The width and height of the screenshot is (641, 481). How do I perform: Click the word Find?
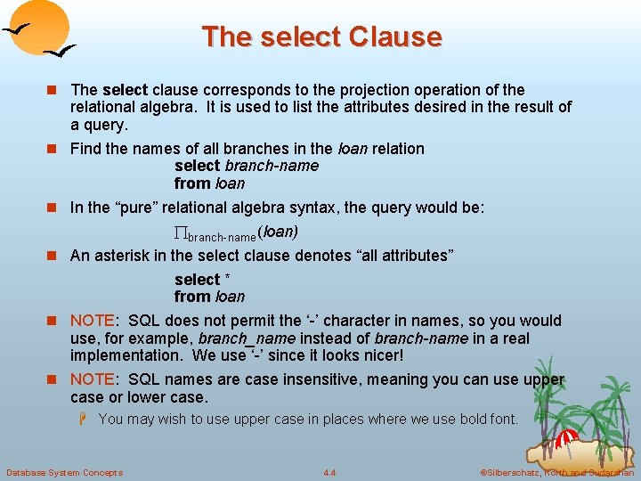[85, 149]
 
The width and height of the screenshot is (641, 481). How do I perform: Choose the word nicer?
[377, 355]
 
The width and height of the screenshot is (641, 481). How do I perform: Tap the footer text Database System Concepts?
[64, 472]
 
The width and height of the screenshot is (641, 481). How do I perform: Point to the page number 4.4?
[329, 472]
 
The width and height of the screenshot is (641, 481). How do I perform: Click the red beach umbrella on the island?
[566, 438]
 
